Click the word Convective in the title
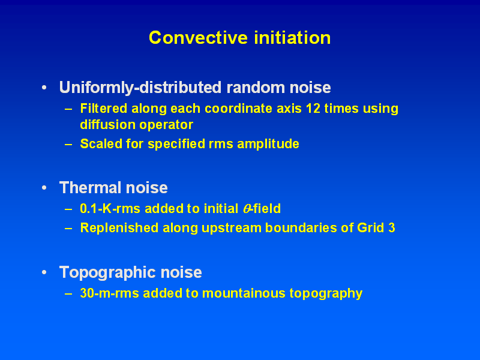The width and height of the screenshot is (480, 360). [198, 38]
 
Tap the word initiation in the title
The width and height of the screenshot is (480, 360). [292, 38]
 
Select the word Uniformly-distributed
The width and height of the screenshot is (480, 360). [140, 88]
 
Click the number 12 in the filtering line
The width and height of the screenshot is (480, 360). [313, 109]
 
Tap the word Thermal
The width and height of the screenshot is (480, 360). [91, 187]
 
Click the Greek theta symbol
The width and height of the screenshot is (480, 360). [247, 209]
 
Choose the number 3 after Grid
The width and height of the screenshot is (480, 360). [392, 228]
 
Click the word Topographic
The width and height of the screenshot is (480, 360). [108, 273]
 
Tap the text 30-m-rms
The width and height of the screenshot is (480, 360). [109, 293]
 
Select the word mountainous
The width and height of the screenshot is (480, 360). [244, 293]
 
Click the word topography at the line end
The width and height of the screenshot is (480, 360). [326, 294]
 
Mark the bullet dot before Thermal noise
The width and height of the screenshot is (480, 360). [44, 187]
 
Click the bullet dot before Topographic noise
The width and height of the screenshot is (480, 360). [44, 272]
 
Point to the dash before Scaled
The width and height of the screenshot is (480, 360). [68, 144]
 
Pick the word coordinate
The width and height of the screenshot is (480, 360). [238, 109]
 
